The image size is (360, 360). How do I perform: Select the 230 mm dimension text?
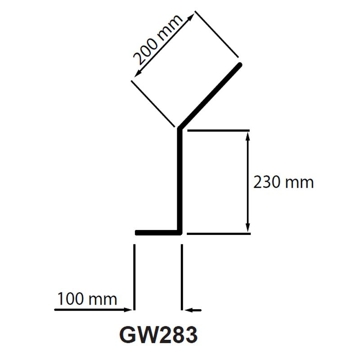(283, 182)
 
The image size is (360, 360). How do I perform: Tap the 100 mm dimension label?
(87, 299)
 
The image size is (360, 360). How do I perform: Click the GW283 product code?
(158, 335)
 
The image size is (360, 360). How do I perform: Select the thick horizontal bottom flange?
(157, 233)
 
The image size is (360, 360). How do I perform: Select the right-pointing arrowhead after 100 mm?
(130, 310)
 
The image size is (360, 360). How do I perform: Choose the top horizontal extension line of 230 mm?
(218, 130)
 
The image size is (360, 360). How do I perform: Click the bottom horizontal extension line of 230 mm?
(218, 234)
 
